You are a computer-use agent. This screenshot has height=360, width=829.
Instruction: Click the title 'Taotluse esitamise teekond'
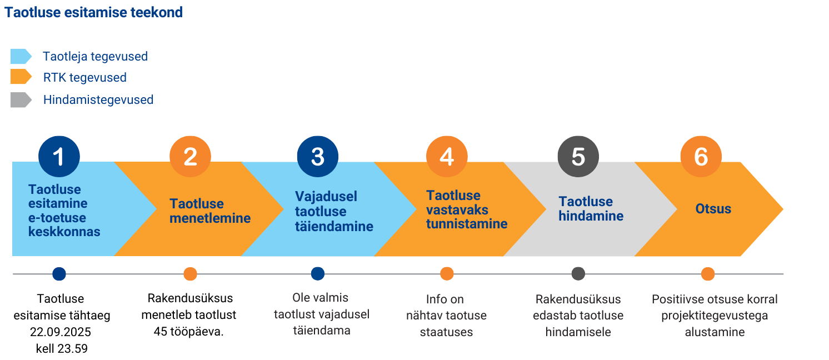pyautogui.click(x=94, y=13)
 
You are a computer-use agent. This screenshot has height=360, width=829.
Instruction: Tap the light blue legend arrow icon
pyautogui.click(x=21, y=56)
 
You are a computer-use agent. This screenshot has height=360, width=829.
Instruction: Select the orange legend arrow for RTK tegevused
pyautogui.click(x=21, y=77)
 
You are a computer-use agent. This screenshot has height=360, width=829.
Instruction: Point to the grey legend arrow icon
pyautogui.click(x=21, y=99)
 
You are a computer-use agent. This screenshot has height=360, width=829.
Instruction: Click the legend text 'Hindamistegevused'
pyautogui.click(x=98, y=99)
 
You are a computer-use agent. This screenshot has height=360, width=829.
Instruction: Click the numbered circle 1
pyautogui.click(x=59, y=157)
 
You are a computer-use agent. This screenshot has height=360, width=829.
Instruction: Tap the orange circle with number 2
pyautogui.click(x=190, y=157)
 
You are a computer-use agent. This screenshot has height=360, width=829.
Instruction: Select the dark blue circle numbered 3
pyautogui.click(x=317, y=157)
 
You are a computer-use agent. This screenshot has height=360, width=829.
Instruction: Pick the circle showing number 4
pyautogui.click(x=447, y=157)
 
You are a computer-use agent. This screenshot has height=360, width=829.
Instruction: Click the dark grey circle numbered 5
pyautogui.click(x=578, y=157)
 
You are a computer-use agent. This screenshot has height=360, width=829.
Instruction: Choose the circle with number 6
pyautogui.click(x=701, y=157)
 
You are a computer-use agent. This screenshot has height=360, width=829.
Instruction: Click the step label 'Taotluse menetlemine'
pyautogui.click(x=210, y=211)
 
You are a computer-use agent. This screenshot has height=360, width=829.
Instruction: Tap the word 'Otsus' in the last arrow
pyautogui.click(x=713, y=209)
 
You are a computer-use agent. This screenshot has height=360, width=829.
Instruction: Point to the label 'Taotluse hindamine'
pyautogui.click(x=591, y=209)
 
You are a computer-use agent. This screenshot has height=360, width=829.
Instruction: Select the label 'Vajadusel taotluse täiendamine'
pyautogui.click(x=334, y=211)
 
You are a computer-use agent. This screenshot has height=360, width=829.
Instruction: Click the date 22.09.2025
pyautogui.click(x=61, y=332)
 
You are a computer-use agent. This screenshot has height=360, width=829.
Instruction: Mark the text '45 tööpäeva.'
pyautogui.click(x=189, y=332)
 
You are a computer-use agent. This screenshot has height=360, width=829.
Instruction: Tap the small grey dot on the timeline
pyautogui.click(x=578, y=274)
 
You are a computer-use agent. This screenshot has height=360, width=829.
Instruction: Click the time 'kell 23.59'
pyautogui.click(x=62, y=348)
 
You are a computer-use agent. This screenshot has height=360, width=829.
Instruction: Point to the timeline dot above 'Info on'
pyautogui.click(x=447, y=274)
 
